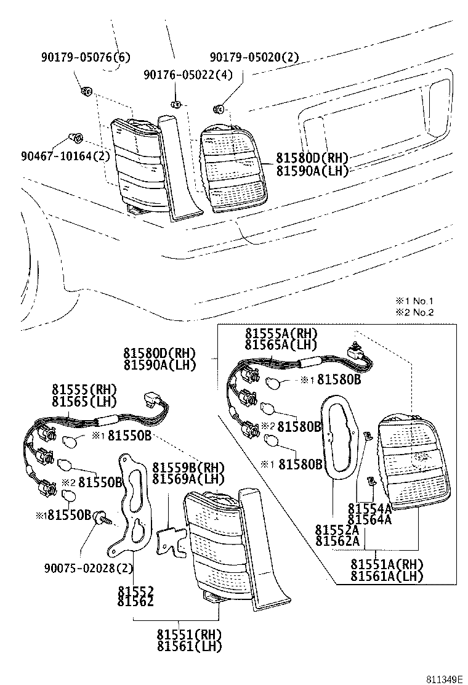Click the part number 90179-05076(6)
click(x=86, y=58)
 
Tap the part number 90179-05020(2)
click(x=254, y=58)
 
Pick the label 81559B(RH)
click(x=188, y=466)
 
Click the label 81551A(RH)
click(x=387, y=564)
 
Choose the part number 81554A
click(x=369, y=508)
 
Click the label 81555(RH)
click(x=84, y=390)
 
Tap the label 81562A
click(x=337, y=541)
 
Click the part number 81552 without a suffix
click(x=135, y=590)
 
